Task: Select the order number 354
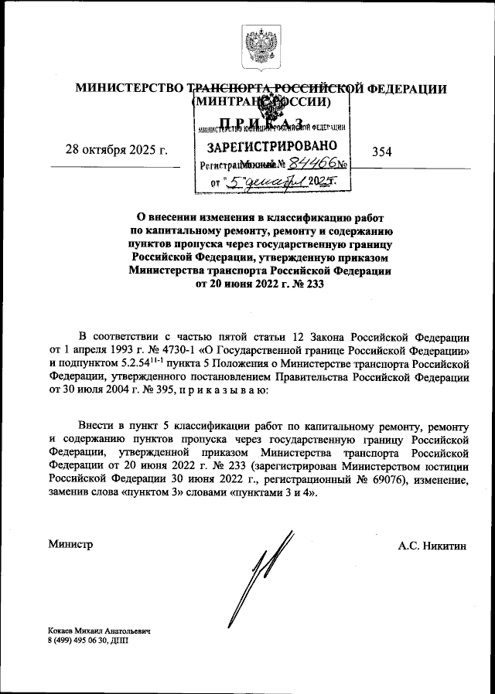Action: [x=382, y=151]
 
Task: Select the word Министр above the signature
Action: [x=70, y=545]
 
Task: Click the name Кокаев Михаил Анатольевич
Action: [x=98, y=631]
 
